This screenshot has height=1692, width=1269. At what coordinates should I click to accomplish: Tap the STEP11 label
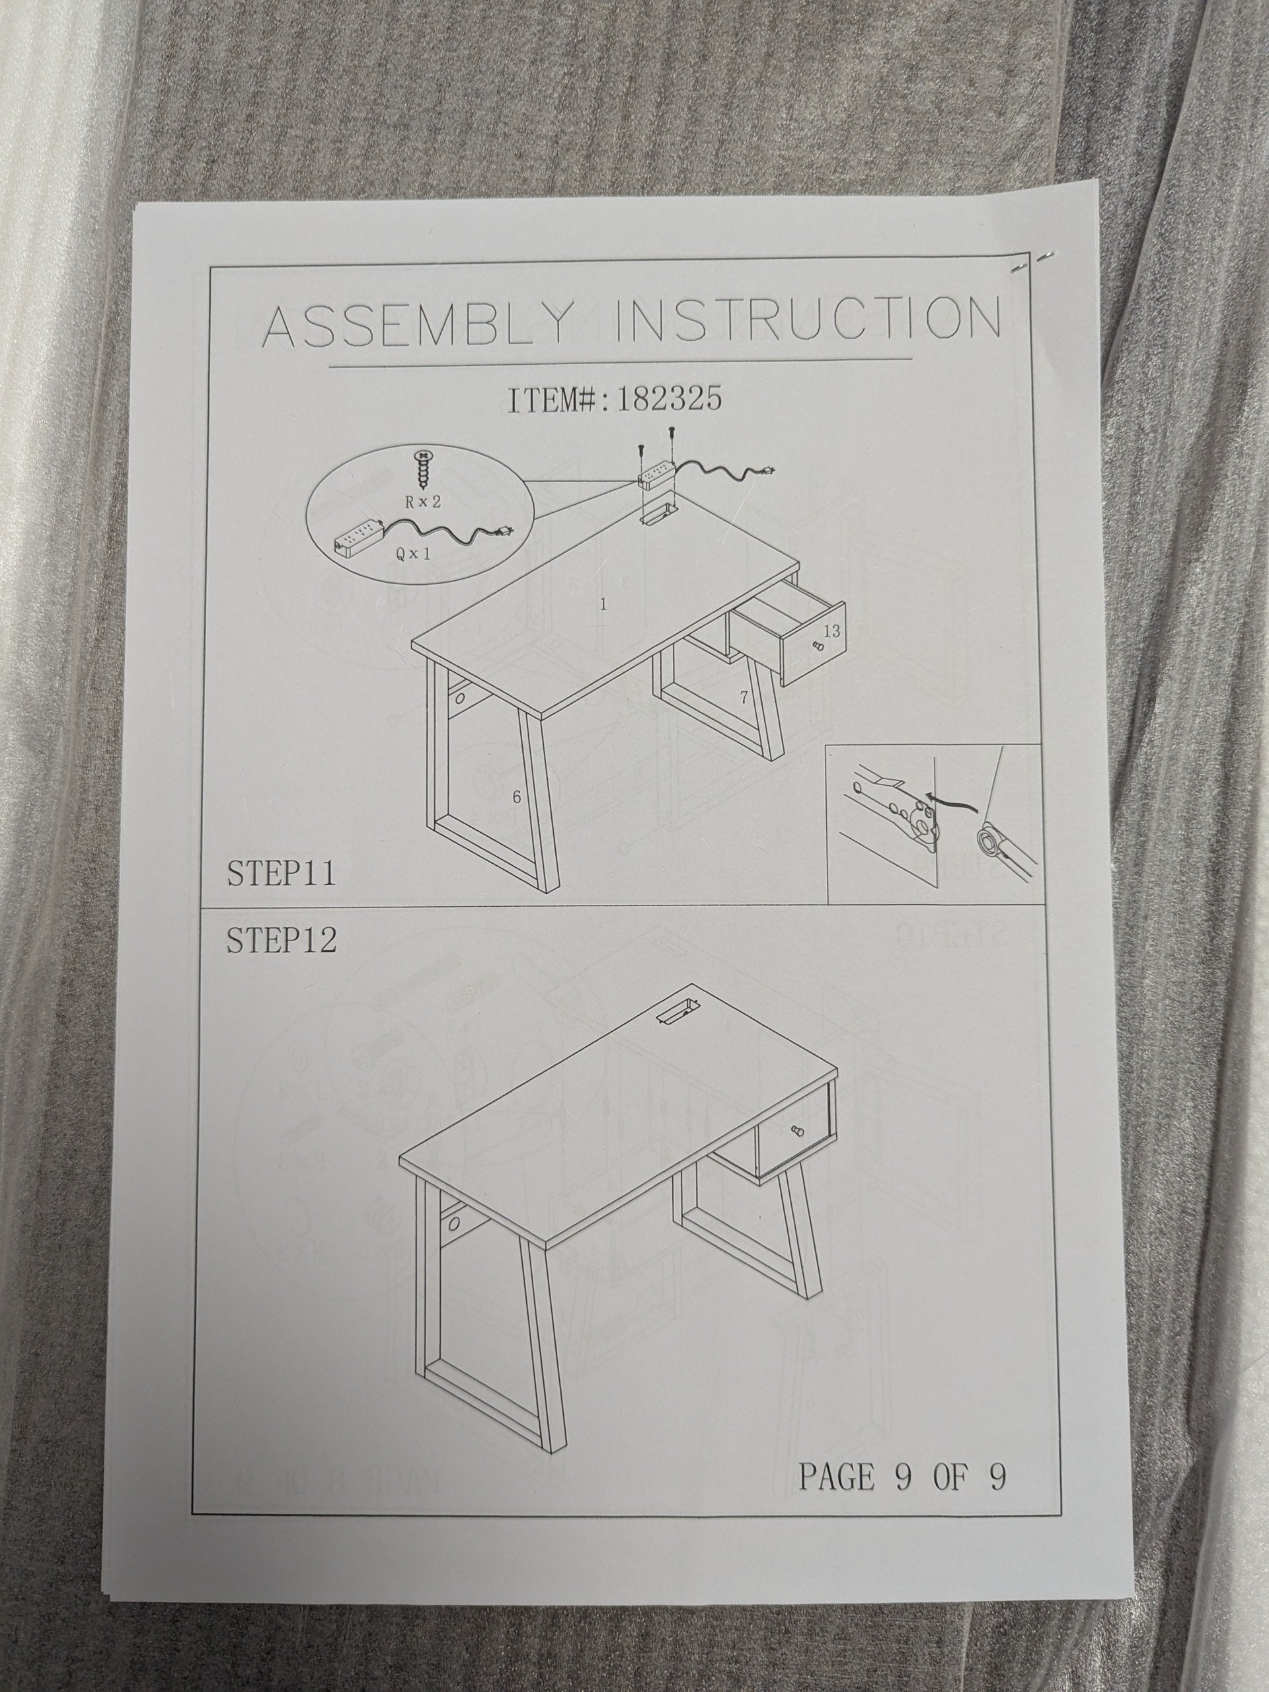point(281,873)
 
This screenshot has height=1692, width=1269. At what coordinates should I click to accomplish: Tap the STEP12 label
point(282,940)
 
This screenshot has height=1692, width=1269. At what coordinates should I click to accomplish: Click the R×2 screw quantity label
point(422,502)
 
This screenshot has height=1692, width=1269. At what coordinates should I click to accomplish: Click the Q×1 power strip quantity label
point(413,553)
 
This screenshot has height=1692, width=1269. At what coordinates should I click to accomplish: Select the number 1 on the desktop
point(603,604)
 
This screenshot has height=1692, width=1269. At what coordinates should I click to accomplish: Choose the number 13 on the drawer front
point(831,631)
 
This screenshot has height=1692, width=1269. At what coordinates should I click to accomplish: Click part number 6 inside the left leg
point(516,797)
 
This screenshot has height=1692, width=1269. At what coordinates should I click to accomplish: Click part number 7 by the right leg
point(743,697)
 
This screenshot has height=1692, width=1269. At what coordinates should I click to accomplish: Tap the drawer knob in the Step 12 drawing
point(796,1132)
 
